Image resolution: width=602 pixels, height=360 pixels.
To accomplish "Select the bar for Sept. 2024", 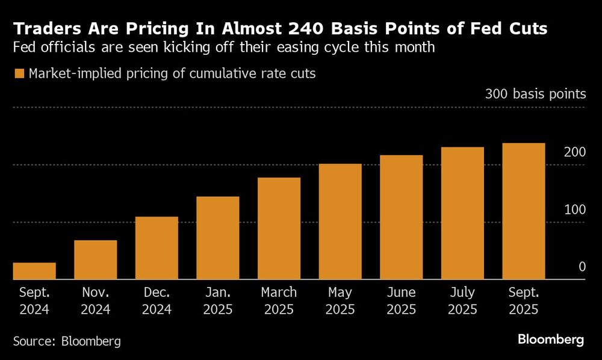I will pyautogui.click(x=34, y=271).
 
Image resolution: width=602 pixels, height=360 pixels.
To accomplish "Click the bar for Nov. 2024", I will pyautogui.click(x=95, y=260).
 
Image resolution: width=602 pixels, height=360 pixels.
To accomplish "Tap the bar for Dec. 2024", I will pyautogui.click(x=157, y=248).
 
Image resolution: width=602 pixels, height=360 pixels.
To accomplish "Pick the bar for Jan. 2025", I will pyautogui.click(x=218, y=238).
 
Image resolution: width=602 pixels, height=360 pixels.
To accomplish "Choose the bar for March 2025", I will pyautogui.click(x=279, y=229).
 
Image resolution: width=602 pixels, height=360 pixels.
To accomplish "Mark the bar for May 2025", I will pyautogui.click(x=340, y=222).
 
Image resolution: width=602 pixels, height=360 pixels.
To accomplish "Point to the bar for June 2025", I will pyautogui.click(x=401, y=217).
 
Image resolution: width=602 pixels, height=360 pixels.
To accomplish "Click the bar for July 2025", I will pyautogui.click(x=462, y=213).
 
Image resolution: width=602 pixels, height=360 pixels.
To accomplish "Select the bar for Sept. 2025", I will pyautogui.click(x=524, y=211).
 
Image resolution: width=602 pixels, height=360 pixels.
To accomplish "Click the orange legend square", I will pyautogui.click(x=18, y=73).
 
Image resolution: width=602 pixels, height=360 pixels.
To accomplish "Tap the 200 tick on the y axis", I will pyautogui.click(x=574, y=152).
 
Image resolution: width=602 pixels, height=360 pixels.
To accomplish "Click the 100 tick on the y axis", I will pyautogui.click(x=574, y=209).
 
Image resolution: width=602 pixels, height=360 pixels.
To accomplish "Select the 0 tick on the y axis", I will pyautogui.click(x=582, y=267).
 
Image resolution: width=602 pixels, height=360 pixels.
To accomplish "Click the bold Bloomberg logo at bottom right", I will pyautogui.click(x=550, y=340).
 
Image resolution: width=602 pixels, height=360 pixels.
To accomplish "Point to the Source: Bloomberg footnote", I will pyautogui.click(x=67, y=341).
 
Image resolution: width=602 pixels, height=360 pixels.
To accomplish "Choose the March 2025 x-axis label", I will pyautogui.click(x=279, y=301).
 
